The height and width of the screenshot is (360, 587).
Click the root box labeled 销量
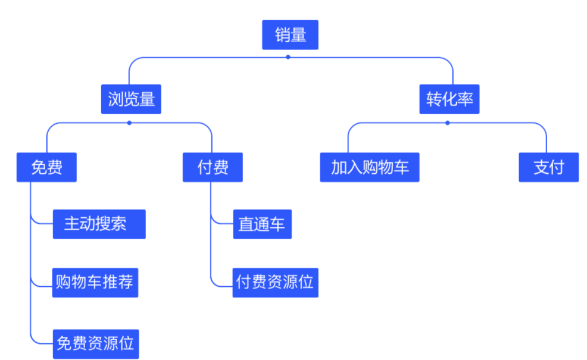(290, 35)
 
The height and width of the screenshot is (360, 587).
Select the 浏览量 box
(132, 99)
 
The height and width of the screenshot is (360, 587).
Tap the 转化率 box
(449, 99)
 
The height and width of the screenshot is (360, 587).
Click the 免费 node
(47, 167)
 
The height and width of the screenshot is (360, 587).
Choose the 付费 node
(213, 167)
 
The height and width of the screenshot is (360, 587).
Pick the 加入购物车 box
(370, 167)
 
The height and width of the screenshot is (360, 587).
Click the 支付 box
(548, 167)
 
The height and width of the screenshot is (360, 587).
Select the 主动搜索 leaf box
(99, 224)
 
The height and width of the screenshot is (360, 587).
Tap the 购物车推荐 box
(95, 282)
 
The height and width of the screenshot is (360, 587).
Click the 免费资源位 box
(95, 343)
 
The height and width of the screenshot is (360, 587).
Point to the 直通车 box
(262, 224)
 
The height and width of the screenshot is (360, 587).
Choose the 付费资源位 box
(275, 282)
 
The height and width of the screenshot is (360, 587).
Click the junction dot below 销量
(288, 57)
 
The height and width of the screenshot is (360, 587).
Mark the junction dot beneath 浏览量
(129, 123)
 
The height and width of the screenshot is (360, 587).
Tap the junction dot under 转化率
(448, 123)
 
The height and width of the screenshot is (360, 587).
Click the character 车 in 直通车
(277, 224)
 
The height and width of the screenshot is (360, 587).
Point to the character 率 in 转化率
(466, 99)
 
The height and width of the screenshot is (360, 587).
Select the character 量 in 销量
(298, 35)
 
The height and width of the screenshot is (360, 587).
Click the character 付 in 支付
(556, 167)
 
